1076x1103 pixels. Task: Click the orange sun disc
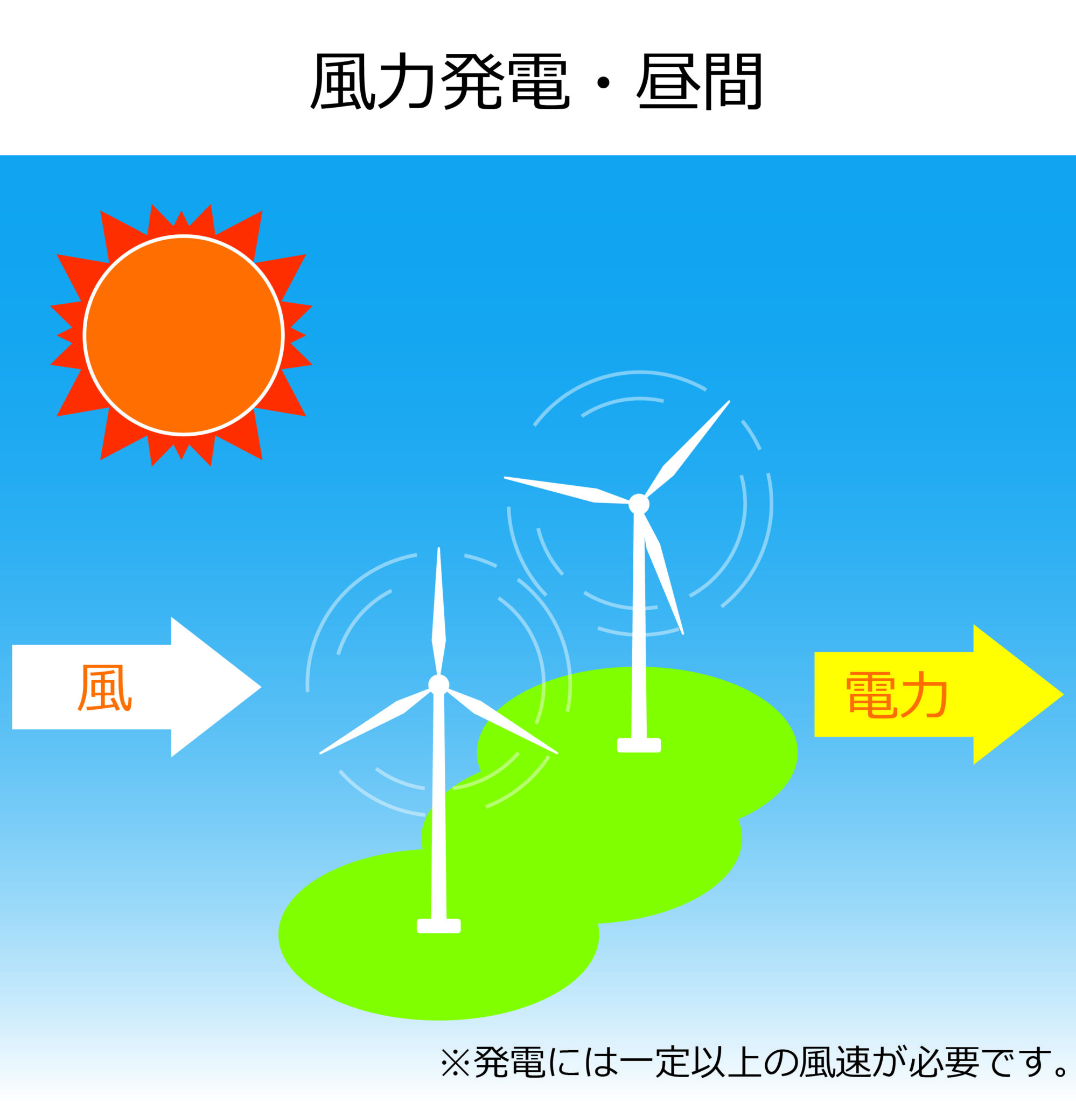click(x=184, y=336)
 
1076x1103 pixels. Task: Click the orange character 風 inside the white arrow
click(x=105, y=688)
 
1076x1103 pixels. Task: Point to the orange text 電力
click(x=896, y=694)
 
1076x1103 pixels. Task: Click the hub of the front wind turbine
click(x=438, y=685)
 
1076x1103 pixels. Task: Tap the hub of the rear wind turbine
click(x=639, y=504)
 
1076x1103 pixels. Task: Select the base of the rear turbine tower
click(x=639, y=745)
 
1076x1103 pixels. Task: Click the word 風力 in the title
click(x=373, y=81)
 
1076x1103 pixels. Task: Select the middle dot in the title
click(x=604, y=83)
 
